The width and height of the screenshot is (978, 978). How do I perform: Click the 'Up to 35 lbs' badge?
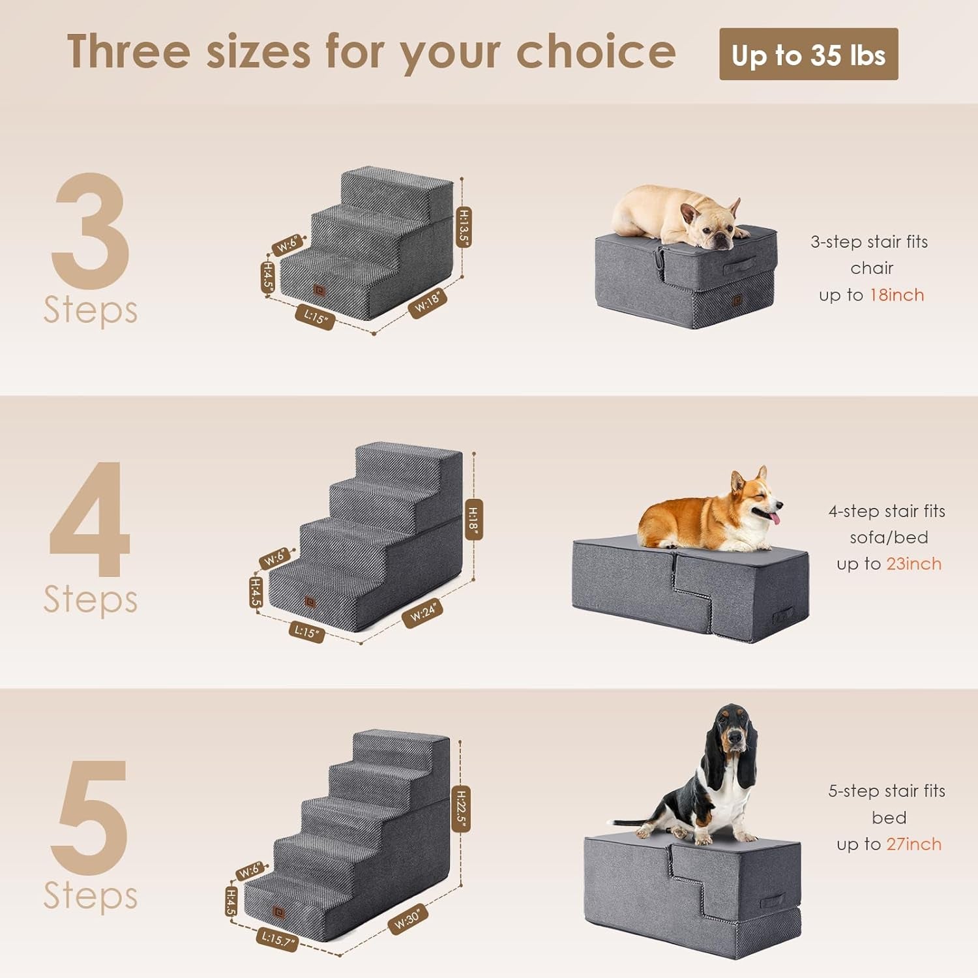pos(808,55)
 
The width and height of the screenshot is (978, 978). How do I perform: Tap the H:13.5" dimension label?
pos(464,226)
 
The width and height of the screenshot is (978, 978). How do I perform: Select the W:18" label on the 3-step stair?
pos(428,303)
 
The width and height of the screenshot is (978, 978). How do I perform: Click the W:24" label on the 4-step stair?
pos(422,614)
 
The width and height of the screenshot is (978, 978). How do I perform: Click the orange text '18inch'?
pos(897,295)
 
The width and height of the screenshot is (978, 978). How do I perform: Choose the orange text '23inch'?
pos(913,564)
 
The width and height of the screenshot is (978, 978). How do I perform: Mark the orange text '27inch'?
pos(913,844)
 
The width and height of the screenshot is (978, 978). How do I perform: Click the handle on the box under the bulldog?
pos(740,264)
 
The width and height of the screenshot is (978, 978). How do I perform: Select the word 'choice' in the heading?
pos(596,52)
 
